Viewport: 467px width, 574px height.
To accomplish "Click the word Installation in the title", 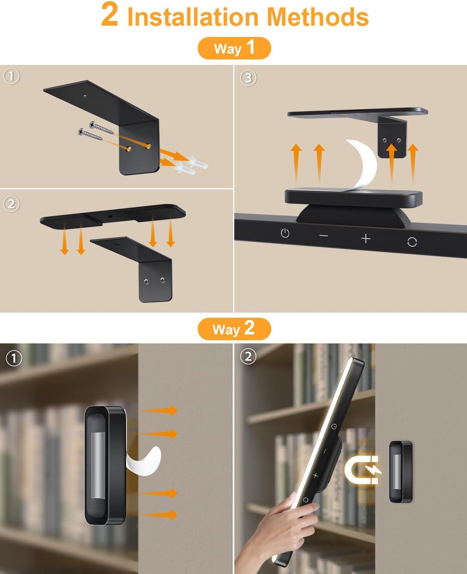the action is [x=193, y=17].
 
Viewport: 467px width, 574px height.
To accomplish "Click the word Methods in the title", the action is [x=319, y=17].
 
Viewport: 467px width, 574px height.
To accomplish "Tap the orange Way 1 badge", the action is [x=234, y=48].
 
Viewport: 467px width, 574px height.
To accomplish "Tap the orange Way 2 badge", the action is [x=234, y=329].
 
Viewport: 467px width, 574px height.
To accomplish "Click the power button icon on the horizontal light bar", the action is [x=285, y=233].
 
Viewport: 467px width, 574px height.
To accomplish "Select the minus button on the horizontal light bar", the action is [x=323, y=236].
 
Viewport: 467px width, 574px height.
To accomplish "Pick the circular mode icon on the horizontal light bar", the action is [x=412, y=242].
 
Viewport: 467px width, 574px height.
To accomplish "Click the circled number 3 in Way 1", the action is [x=248, y=78].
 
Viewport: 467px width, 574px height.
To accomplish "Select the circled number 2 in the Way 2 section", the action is [x=248, y=357].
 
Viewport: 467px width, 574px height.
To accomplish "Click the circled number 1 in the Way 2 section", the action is [x=14, y=359].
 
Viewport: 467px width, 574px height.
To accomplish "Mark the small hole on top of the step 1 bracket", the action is [x=85, y=96].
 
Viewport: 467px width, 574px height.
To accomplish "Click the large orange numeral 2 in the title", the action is [x=109, y=14].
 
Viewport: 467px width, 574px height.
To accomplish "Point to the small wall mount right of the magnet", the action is [x=401, y=472].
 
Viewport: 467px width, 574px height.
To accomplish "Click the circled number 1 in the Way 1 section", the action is [x=11, y=76].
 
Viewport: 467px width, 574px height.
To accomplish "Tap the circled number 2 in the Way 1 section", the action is [x=11, y=204].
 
